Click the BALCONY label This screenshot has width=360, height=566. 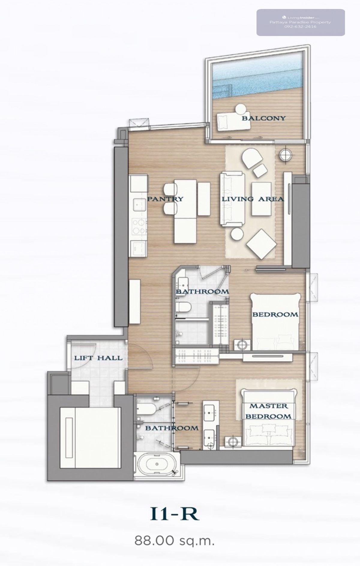pyautogui.click(x=264, y=118)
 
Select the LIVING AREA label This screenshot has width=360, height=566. pyautogui.click(x=253, y=199)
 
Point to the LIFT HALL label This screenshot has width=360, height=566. pyautogui.click(x=98, y=358)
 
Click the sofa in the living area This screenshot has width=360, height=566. pyautogui.click(x=232, y=199)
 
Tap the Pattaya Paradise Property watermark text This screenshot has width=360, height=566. pyautogui.click(x=300, y=22)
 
